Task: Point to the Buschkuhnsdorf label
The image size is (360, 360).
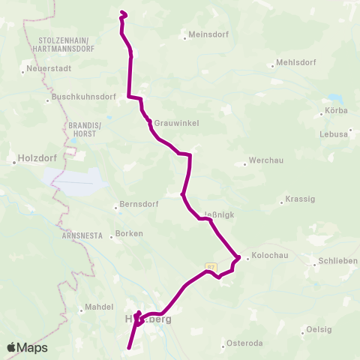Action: click(83, 97)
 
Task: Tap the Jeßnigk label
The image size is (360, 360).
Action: click(219, 214)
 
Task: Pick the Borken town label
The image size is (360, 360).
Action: click(130, 234)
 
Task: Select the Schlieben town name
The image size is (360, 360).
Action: click(337, 260)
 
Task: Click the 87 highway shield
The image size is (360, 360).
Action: click(211, 265)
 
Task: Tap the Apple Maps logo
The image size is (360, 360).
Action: click(27, 347)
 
